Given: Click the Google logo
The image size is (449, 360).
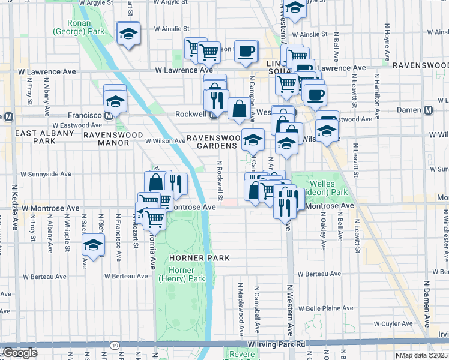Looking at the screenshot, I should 20,353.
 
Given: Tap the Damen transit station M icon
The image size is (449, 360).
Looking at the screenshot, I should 429,110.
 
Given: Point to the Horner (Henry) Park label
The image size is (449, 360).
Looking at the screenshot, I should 182,274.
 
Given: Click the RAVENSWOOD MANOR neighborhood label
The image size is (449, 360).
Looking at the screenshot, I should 112,135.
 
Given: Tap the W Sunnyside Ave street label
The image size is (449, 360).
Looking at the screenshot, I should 46,174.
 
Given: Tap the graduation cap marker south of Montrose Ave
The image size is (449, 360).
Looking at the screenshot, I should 93,245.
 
